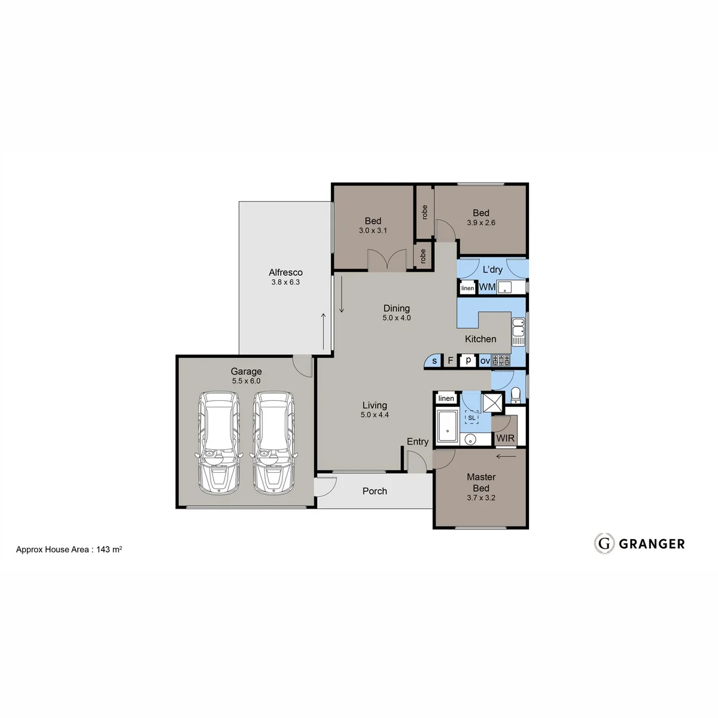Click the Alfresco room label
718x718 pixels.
coord(285,272)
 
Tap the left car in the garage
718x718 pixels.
coord(219,443)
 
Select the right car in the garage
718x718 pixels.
coord(274,443)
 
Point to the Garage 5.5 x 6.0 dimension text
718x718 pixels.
coord(246,381)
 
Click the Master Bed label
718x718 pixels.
coord(481,482)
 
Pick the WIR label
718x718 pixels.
coord(505,438)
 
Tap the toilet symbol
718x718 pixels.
coord(516,395)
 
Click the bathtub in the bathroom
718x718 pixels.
coord(447,427)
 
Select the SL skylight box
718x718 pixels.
coord(471,418)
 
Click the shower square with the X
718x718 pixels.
coord(492,403)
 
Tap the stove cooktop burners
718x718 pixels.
coord(501,360)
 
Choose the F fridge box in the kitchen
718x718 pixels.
coord(450,360)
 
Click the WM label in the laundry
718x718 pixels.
coord(487,287)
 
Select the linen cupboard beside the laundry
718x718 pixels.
coord(468,288)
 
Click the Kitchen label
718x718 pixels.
coord(480,339)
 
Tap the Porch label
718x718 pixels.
coord(375,491)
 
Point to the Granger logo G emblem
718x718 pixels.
coord(604,544)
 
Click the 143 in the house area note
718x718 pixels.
coord(102,550)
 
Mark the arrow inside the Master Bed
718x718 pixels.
coord(506,456)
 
